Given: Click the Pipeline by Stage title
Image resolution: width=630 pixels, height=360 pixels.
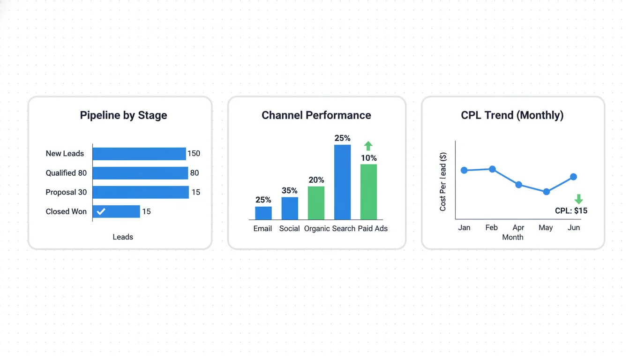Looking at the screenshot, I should pyautogui.click(x=123, y=115).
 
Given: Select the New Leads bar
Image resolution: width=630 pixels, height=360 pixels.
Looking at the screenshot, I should pyautogui.click(x=139, y=154).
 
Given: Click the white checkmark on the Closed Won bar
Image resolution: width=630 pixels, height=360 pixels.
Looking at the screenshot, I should pyautogui.click(x=101, y=211).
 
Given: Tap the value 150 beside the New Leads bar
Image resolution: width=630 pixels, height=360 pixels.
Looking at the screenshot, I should pyautogui.click(x=194, y=153).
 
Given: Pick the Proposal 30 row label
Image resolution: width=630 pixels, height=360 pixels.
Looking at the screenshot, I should pyautogui.click(x=66, y=192).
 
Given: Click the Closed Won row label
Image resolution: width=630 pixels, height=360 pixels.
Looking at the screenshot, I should pyautogui.click(x=66, y=211).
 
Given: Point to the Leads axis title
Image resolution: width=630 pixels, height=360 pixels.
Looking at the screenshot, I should pyautogui.click(x=123, y=237).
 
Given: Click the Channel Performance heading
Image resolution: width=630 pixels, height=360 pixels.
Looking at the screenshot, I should pyautogui.click(x=316, y=115).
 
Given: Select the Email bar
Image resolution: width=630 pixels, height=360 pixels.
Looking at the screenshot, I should pyautogui.click(x=263, y=213).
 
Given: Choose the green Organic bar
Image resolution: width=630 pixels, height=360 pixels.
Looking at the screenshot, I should pyautogui.click(x=316, y=203).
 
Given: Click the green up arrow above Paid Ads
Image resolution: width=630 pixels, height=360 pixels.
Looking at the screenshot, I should pyautogui.click(x=368, y=146).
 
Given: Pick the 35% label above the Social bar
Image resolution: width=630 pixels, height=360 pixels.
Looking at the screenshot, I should pyautogui.click(x=290, y=190).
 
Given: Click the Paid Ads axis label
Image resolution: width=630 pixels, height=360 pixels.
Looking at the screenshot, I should pyautogui.click(x=373, y=229).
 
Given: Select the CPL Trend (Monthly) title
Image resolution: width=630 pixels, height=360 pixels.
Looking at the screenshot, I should pyautogui.click(x=512, y=115).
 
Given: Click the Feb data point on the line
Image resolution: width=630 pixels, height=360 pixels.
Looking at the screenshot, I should pyautogui.click(x=492, y=169).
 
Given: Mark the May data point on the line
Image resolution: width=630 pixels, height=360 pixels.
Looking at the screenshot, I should pyautogui.click(x=546, y=192).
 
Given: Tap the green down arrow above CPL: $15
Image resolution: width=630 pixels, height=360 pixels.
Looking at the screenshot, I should pyautogui.click(x=579, y=199).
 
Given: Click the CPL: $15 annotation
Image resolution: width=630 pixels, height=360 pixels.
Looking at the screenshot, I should pyautogui.click(x=571, y=211).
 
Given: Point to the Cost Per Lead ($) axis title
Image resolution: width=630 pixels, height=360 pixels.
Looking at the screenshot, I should pyautogui.click(x=443, y=182).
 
